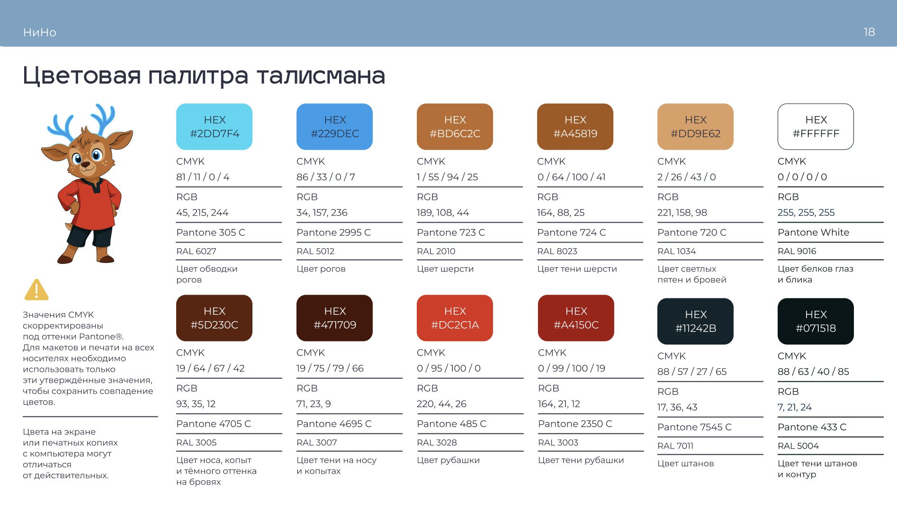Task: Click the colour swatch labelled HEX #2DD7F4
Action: tap(214, 126)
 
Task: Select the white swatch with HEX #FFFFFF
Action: tap(816, 126)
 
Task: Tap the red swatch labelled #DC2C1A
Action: tap(455, 318)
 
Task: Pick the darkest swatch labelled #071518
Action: tap(816, 321)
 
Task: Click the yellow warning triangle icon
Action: tap(36, 290)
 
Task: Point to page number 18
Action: tap(869, 32)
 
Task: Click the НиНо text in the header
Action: tap(40, 32)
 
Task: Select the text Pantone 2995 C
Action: tap(333, 232)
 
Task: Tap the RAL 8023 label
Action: tap(557, 251)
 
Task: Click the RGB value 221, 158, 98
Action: tap(682, 212)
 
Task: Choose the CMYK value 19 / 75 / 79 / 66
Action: tap(330, 368)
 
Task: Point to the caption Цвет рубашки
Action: tap(448, 460)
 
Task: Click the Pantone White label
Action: tap(813, 232)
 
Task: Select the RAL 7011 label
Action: tap(675, 446)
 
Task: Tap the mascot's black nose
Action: tap(86, 165)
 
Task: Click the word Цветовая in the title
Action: tap(82, 76)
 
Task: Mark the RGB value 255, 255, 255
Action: tap(806, 212)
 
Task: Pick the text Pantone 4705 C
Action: tap(214, 424)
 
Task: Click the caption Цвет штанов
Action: tap(685, 463)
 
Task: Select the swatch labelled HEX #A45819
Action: tap(575, 126)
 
